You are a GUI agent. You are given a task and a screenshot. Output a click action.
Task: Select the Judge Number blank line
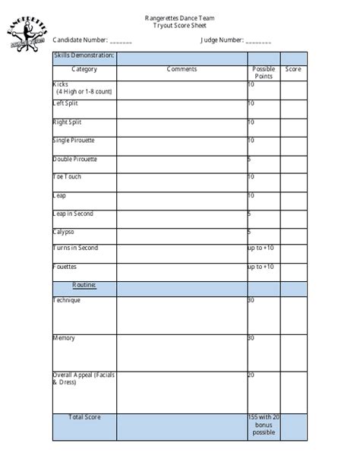click(258, 40)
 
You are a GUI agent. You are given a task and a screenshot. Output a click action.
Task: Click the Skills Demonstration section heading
click(84, 55)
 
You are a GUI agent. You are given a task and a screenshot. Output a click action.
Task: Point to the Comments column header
click(182, 69)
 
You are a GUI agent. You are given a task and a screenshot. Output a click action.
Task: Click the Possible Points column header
click(264, 73)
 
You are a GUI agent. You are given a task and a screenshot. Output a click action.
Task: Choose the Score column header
click(293, 70)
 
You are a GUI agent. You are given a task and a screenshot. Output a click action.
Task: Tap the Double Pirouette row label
click(74, 159)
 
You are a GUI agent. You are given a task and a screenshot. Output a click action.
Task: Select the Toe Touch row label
click(67, 177)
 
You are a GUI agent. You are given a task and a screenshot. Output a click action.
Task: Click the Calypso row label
click(63, 233)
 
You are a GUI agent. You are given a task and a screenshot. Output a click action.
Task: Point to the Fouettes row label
click(65, 267)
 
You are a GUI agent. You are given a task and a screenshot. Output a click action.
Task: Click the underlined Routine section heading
click(84, 285)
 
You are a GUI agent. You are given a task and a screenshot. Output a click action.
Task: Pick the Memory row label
click(64, 337)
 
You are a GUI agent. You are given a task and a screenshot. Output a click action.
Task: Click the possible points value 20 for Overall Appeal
click(251, 375)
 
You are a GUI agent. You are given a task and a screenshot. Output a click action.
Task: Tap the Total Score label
click(84, 417)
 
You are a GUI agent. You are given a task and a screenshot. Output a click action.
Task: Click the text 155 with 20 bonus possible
click(264, 424)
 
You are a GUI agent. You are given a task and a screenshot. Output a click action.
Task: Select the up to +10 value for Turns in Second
click(261, 248)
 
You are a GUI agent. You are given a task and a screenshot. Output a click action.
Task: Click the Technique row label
click(67, 300)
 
